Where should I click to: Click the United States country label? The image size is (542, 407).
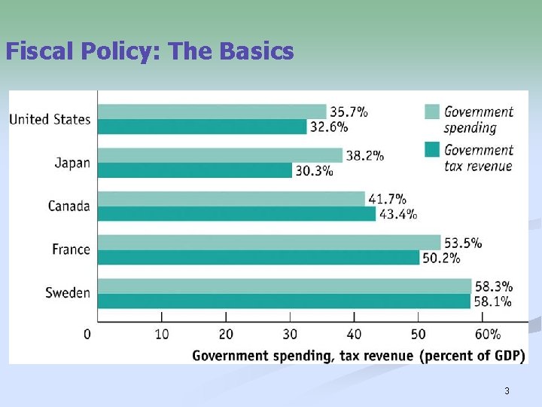(x=50, y=119)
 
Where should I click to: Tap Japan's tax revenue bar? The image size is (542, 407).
(x=195, y=170)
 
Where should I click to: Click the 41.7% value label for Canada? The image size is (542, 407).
(x=388, y=199)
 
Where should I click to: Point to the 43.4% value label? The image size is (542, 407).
(x=398, y=214)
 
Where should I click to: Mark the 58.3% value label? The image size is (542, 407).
(x=494, y=286)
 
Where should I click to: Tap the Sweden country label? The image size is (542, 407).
(x=68, y=293)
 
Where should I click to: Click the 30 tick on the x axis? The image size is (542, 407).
(x=290, y=334)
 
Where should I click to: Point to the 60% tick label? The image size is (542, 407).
(x=488, y=334)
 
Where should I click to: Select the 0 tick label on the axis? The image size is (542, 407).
(x=87, y=334)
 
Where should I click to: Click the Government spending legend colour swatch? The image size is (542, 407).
(x=431, y=112)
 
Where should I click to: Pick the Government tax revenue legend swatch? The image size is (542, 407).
(x=431, y=150)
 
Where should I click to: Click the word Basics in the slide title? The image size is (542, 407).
(x=257, y=51)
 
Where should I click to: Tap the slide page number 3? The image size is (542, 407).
(x=507, y=390)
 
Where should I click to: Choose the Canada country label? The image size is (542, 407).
(x=69, y=206)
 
